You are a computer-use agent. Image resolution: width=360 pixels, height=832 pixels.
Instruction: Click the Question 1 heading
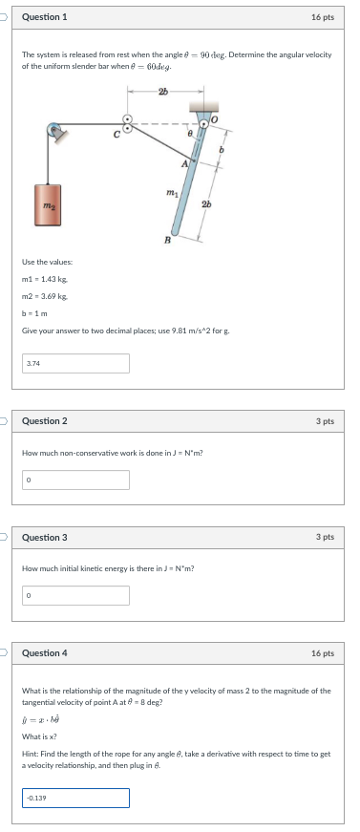(44, 17)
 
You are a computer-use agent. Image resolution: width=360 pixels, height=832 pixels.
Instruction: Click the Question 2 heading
(44, 420)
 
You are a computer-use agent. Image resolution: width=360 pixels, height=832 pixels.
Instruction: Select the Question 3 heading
(44, 537)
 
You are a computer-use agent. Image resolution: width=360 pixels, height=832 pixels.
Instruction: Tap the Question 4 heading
(44, 653)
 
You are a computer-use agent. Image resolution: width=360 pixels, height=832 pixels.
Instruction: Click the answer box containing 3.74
(75, 364)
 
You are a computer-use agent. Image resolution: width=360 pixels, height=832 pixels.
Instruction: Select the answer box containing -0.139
(75, 798)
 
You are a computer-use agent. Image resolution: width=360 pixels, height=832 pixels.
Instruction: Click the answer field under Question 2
(75, 479)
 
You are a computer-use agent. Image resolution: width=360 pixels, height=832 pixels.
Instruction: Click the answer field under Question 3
(75, 595)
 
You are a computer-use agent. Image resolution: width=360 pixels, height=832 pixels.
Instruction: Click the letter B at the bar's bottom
(167, 240)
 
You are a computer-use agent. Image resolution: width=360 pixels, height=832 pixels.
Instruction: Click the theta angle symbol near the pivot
(191, 137)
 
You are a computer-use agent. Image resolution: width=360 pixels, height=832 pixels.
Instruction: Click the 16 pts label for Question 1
(323, 17)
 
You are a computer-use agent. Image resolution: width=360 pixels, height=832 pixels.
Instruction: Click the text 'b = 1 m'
(33, 313)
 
